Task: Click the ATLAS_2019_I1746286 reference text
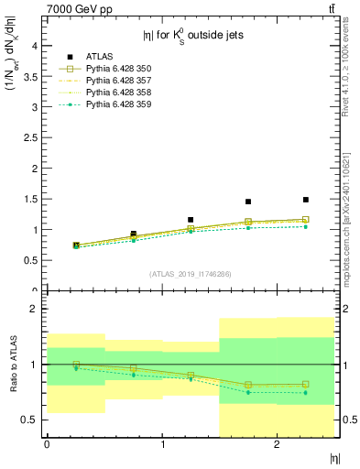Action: [191, 273]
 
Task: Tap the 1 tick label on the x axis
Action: [162, 444]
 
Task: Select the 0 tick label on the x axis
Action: [47, 444]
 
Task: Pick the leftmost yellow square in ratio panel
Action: [76, 365]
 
